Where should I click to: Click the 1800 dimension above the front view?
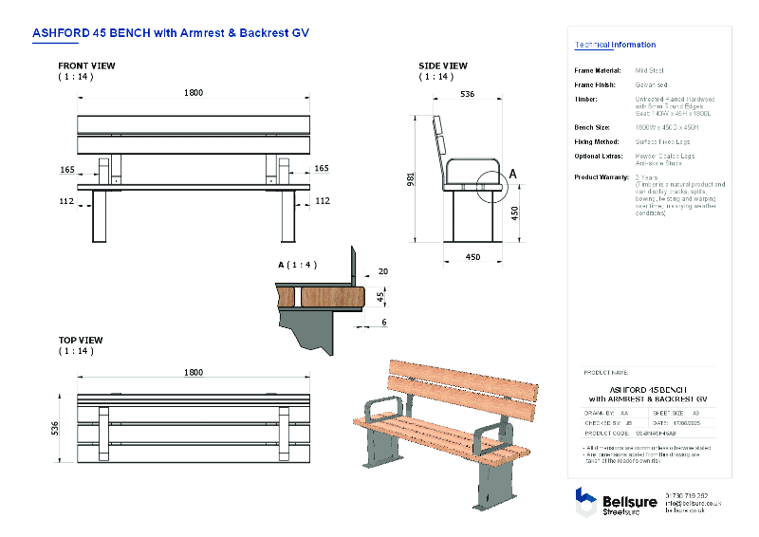(x=194, y=93)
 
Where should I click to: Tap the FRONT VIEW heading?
(x=86, y=65)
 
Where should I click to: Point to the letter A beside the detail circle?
(x=513, y=174)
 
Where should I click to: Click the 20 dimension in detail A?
(x=382, y=270)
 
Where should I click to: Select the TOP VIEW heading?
(x=81, y=340)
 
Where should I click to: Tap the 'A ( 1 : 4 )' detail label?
(x=297, y=264)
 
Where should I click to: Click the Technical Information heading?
(x=615, y=45)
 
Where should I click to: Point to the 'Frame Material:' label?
(x=598, y=70)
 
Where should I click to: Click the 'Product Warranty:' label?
(x=602, y=177)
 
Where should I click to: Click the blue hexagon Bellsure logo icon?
(x=585, y=499)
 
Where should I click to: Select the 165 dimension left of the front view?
(x=66, y=168)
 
